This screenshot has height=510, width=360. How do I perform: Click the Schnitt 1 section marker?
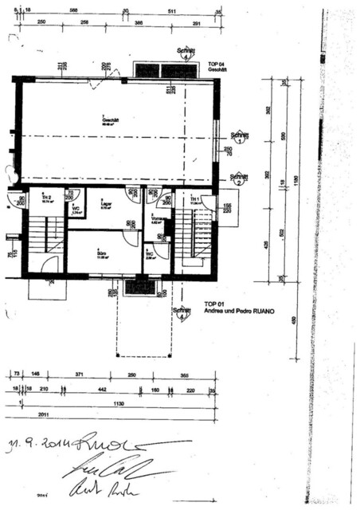pos(237,137)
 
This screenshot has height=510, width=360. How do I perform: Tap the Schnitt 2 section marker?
pos(237,179)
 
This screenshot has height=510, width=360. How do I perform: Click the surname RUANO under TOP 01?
pos(257,313)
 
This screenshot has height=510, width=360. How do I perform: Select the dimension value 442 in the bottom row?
pos(102,390)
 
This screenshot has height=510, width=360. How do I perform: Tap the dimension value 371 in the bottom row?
pos(78,374)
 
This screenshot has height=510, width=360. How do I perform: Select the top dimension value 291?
pos(197,25)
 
